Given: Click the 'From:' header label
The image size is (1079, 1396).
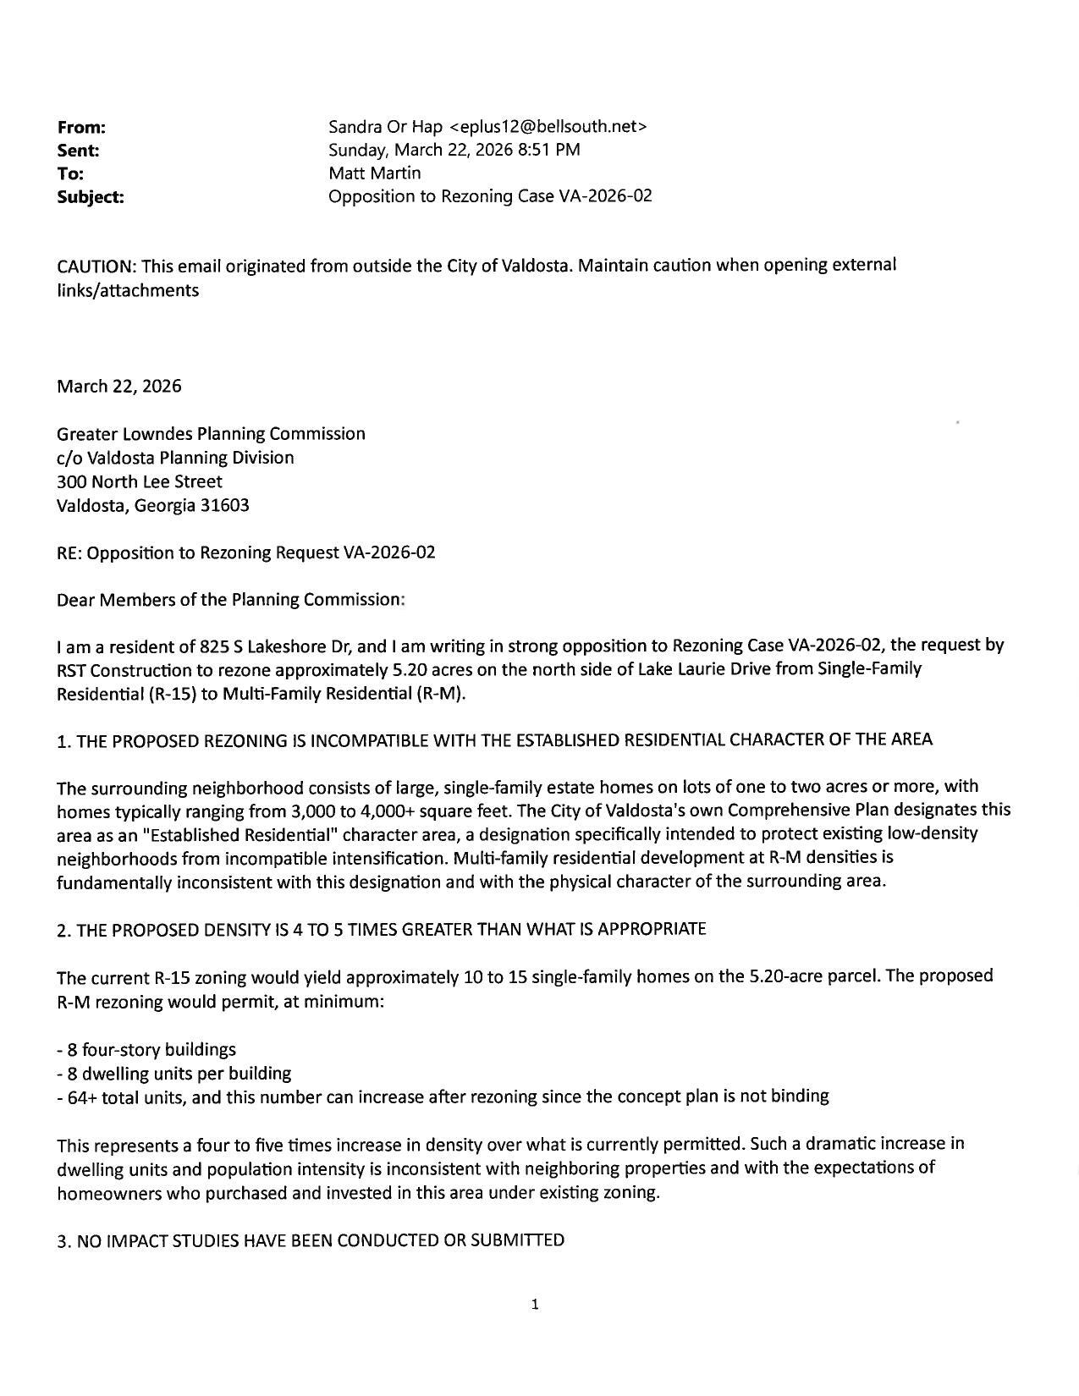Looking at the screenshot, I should tap(81, 128).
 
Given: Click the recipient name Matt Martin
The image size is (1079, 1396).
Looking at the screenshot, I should tap(374, 173).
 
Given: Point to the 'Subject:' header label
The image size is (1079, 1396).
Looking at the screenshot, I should tap(90, 197).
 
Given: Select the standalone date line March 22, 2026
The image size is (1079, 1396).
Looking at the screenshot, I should tap(118, 387).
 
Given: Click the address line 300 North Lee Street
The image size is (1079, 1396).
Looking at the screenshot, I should tap(140, 482).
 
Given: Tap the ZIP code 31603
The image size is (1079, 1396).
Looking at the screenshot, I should tap(224, 506).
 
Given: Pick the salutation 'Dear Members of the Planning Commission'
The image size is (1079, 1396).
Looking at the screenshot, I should tap(230, 600).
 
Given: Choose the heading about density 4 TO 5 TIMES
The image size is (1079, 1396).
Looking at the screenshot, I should tap(381, 930).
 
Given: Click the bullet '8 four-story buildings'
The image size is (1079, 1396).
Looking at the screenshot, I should tap(146, 1050).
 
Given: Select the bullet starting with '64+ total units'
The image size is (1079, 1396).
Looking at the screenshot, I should tap(442, 1097).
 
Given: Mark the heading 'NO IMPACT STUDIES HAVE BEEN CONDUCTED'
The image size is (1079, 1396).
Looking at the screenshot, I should tap(311, 1241).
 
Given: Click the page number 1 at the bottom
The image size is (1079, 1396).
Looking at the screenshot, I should tap(535, 1305).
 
